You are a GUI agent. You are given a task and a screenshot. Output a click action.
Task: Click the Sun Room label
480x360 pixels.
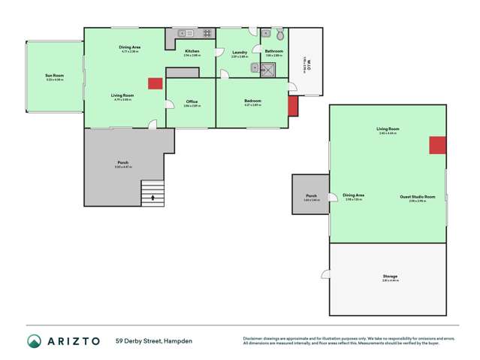pyautogui.click(x=54, y=75)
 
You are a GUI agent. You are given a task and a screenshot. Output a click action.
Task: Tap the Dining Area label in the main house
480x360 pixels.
pyautogui.click(x=130, y=47)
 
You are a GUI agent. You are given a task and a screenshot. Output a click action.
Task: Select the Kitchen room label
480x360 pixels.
pyautogui.click(x=192, y=51)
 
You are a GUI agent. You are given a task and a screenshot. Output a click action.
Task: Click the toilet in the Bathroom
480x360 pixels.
pyautogui.click(x=279, y=35)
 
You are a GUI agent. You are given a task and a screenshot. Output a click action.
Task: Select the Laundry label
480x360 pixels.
pyautogui.click(x=239, y=52)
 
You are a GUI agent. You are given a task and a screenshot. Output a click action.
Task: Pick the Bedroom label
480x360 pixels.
pyautogui.click(x=252, y=101)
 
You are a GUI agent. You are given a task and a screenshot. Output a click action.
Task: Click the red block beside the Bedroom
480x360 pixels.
pyautogui.click(x=293, y=105)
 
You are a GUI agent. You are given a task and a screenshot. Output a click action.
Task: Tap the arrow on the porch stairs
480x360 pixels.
pyautogui.click(x=153, y=198)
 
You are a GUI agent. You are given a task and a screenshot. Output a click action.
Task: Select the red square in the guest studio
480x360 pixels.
pyautogui.click(x=437, y=145)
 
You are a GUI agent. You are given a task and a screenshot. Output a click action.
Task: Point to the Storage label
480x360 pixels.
pyautogui.click(x=389, y=276)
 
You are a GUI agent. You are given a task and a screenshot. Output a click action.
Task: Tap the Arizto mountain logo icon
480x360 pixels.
pyautogui.click(x=35, y=341)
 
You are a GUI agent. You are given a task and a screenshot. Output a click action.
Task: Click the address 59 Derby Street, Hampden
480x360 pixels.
pyautogui.click(x=154, y=341)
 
